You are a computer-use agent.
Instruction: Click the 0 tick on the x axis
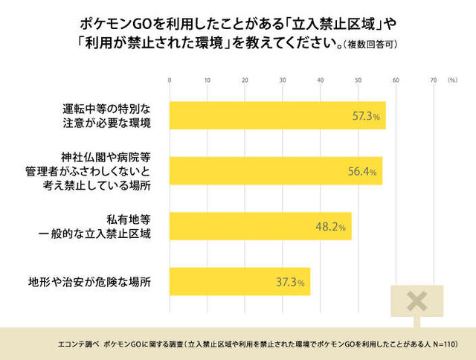click(x=170, y=80)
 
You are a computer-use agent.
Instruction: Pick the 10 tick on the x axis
click(x=208, y=80)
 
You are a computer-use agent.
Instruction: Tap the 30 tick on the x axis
click(x=283, y=80)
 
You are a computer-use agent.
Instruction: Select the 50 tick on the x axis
click(x=358, y=80)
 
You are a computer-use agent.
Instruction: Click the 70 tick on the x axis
click(x=434, y=80)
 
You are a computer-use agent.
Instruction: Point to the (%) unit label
click(x=453, y=80)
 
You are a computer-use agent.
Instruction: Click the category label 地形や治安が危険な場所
click(x=89, y=282)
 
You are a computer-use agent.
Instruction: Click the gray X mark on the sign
click(x=417, y=301)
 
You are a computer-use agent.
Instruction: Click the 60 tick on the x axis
click(x=396, y=80)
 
